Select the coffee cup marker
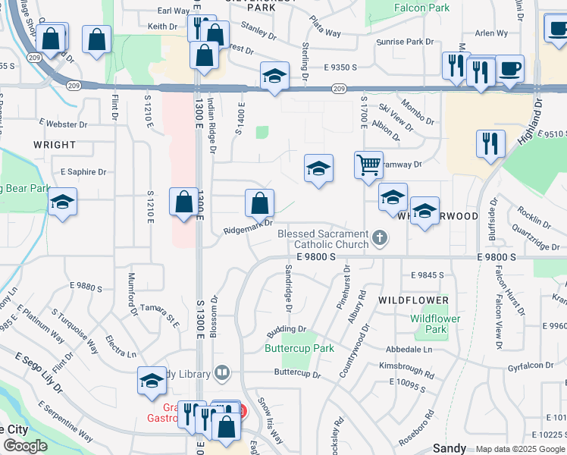pyautogui.click(x=509, y=68)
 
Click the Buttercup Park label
pyautogui.click(x=299, y=349)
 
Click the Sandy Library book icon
pyautogui.click(x=221, y=372)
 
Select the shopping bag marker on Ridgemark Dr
pyautogui.click(x=259, y=203)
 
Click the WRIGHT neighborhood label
pyautogui.click(x=55, y=145)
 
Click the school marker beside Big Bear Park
pyautogui.click(x=63, y=203)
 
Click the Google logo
pyautogui.click(x=25, y=446)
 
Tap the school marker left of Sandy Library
pyautogui.click(x=152, y=381)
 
